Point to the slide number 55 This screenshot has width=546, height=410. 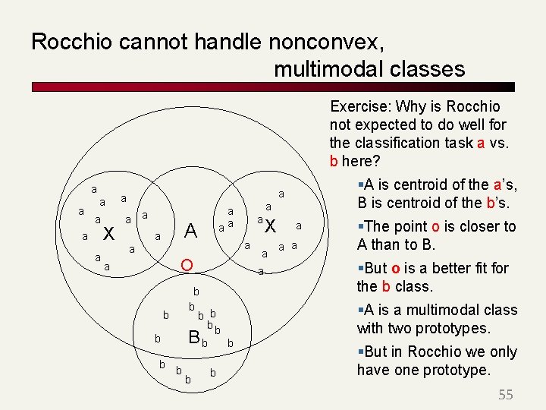coord(506,395)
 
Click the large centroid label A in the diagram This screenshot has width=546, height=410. coord(191,231)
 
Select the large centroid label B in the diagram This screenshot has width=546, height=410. coord(194,337)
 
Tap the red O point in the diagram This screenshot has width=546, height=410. coord(187,265)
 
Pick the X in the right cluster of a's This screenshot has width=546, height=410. coord(271,226)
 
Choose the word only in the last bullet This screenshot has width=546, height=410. coord(502,352)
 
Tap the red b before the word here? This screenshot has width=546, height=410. coord(334,161)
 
